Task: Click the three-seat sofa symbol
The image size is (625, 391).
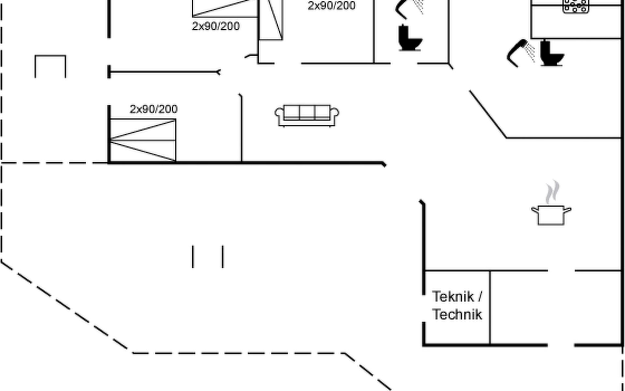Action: (307, 115)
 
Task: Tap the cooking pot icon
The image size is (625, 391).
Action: (551, 215)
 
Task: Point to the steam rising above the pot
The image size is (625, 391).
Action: (552, 192)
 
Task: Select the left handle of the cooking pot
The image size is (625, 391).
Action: (535, 210)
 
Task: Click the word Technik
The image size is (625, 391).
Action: (457, 314)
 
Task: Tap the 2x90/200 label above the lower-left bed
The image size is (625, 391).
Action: (154, 109)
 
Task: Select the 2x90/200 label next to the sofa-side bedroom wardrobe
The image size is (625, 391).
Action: (331, 6)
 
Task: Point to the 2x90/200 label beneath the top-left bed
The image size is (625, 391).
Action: (216, 26)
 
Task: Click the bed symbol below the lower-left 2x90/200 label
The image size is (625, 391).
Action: (143, 140)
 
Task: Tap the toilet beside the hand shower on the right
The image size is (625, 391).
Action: (552, 53)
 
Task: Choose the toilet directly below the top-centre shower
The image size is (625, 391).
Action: (410, 38)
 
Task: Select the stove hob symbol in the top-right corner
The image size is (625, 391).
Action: (576, 6)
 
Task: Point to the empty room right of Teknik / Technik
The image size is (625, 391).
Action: (555, 307)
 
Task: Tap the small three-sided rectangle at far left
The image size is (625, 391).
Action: (50, 66)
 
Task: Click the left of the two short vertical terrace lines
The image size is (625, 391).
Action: (193, 257)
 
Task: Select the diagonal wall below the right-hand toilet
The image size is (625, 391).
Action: (488, 114)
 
